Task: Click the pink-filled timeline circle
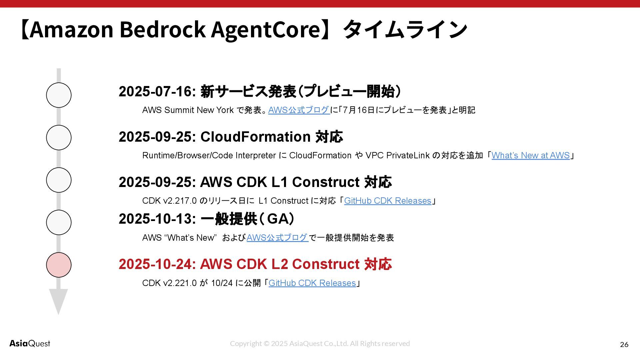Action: pyautogui.click(x=59, y=265)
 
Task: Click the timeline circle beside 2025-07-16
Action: pyautogui.click(x=59, y=95)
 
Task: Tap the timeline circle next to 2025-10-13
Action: pyautogui.click(x=59, y=222)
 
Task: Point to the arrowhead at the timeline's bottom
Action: pyautogui.click(x=58, y=300)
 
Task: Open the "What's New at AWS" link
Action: pyautogui.click(x=530, y=155)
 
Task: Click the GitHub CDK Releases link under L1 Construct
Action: pyautogui.click(x=388, y=201)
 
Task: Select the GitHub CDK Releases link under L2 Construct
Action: pyautogui.click(x=312, y=283)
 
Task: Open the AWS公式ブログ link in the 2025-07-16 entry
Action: pyautogui.click(x=299, y=110)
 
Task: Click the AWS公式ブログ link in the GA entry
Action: pyautogui.click(x=277, y=238)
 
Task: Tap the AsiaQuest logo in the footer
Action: pyautogui.click(x=30, y=343)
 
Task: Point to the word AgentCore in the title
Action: pyautogui.click(x=266, y=29)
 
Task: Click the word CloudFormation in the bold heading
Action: pyautogui.click(x=255, y=137)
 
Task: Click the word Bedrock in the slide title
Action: pyautogui.click(x=162, y=29)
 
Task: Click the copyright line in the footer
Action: pyautogui.click(x=320, y=343)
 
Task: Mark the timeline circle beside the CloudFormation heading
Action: pyautogui.click(x=59, y=137)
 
